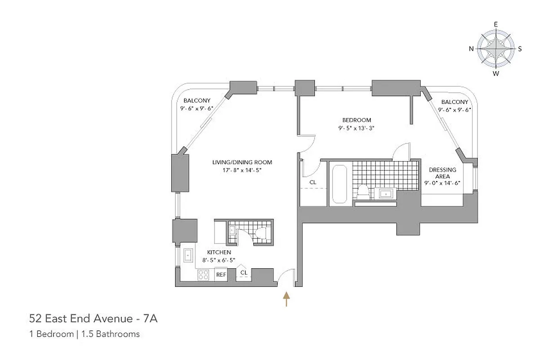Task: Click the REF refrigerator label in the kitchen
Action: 221,274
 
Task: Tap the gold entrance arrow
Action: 286,299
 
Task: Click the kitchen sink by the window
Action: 187,255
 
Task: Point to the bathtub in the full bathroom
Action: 338,184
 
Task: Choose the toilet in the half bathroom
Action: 261,234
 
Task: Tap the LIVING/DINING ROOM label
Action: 242,162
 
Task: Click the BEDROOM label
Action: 357,120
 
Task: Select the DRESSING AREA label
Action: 442,173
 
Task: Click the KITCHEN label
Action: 219,252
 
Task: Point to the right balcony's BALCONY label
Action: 455,102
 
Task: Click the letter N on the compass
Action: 471,49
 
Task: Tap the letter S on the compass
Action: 520,49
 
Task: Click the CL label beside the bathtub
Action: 313,182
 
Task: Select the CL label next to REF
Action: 244,273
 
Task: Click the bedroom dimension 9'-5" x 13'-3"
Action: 357,128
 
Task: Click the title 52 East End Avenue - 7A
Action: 93,319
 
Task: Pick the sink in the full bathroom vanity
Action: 386,194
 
